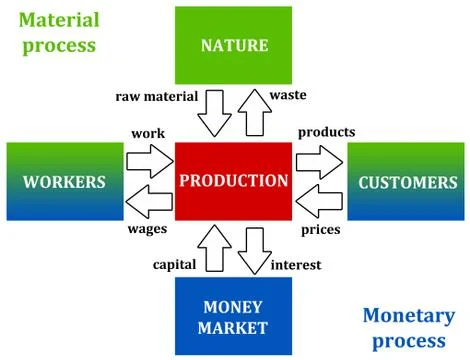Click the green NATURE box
(x=233, y=46)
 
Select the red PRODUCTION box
(x=233, y=181)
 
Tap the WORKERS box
(x=64, y=182)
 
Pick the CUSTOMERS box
(x=404, y=182)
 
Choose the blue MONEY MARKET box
(x=233, y=316)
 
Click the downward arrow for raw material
(x=213, y=113)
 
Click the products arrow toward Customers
(x=321, y=158)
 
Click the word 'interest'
(x=298, y=267)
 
